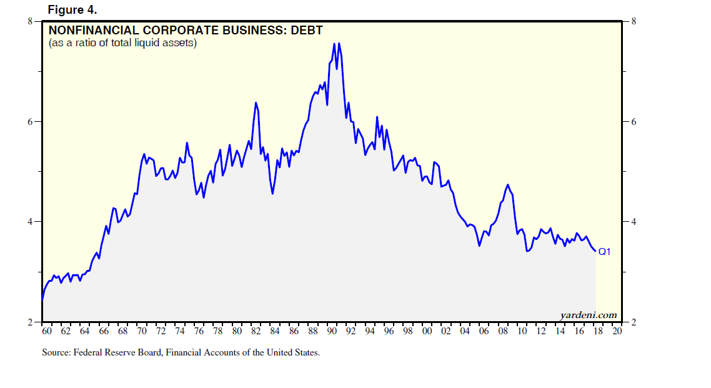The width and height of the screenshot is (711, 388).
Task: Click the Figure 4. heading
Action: click(x=72, y=11)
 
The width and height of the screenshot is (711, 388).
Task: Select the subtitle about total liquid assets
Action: click(x=122, y=43)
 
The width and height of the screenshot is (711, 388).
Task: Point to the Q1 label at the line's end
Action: click(x=604, y=252)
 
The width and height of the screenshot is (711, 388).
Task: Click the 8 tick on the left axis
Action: click(x=29, y=21)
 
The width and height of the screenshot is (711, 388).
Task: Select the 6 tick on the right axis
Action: click(x=633, y=122)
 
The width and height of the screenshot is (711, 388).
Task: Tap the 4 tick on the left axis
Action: click(x=29, y=222)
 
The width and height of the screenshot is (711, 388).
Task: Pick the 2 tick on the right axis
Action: click(x=633, y=322)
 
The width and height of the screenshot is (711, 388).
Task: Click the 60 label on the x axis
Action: click(x=46, y=331)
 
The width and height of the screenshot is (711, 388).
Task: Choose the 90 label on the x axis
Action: click(x=332, y=331)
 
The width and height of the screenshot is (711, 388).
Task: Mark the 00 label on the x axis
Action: click(x=427, y=331)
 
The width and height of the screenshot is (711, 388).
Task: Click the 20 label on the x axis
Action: click(x=617, y=331)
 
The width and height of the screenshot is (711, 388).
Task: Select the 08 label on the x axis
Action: click(x=503, y=331)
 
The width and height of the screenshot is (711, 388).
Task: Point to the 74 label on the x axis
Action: click(x=179, y=331)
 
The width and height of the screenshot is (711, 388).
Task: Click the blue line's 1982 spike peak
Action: click(x=256, y=102)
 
